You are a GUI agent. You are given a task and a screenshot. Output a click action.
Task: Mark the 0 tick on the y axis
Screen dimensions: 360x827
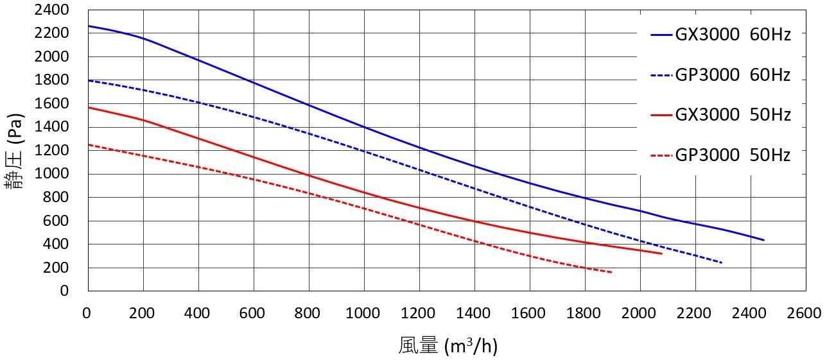(x=64, y=291)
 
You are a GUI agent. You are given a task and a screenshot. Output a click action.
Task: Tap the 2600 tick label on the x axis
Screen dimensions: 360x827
(x=805, y=313)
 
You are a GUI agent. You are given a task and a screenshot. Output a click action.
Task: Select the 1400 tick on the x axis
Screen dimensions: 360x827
(x=474, y=313)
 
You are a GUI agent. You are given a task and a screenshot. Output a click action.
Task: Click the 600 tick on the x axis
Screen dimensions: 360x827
(x=253, y=313)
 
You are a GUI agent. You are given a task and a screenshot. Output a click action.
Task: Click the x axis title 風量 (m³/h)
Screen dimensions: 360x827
(x=448, y=346)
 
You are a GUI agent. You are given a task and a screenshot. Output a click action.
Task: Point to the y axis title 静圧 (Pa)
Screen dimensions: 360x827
(x=14, y=151)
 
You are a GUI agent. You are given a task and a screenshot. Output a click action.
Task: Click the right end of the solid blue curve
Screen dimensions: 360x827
(x=763, y=240)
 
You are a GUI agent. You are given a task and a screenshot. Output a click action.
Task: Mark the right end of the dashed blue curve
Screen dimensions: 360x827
(x=722, y=263)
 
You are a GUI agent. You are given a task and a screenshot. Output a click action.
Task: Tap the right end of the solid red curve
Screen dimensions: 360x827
(x=661, y=253)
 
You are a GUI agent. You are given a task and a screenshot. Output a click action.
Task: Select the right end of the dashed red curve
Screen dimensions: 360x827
(x=612, y=273)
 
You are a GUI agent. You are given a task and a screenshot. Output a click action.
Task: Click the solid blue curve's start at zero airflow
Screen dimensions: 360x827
(x=88, y=26)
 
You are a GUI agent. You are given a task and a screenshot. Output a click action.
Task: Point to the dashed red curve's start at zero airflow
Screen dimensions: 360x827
(x=88, y=145)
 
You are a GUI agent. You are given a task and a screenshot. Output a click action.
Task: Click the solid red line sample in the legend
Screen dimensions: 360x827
(x=661, y=116)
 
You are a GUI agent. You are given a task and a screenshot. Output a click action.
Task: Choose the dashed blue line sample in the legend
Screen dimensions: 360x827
(x=661, y=76)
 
